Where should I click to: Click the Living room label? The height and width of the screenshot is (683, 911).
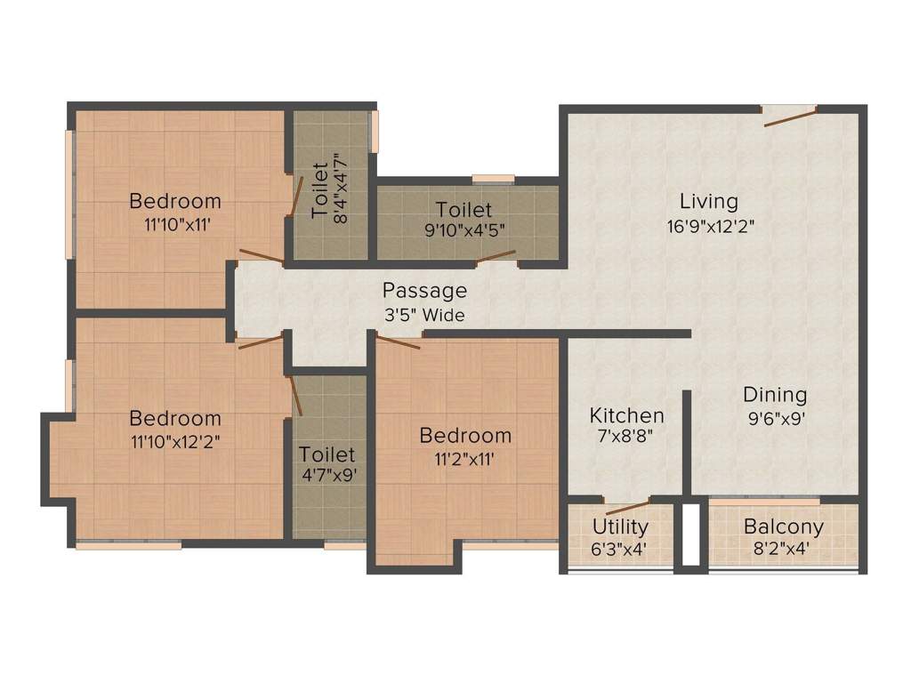coord(708,200)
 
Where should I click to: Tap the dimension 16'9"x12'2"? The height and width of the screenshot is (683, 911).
coord(711,226)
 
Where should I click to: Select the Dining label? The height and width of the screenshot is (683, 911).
coord(775,394)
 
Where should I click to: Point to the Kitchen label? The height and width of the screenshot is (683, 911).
coord(627,415)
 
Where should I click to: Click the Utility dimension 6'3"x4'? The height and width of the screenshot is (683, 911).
coord(619,549)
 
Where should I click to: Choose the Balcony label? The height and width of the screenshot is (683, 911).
coord(783,526)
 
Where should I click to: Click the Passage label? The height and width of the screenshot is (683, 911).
coord(424,290)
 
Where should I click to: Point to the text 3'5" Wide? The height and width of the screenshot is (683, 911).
coord(423,315)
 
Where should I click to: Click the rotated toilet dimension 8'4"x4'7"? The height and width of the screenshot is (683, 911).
coord(338,188)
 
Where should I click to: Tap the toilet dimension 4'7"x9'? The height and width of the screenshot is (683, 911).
coord(328,475)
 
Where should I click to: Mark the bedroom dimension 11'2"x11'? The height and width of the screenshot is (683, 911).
coord(464,459)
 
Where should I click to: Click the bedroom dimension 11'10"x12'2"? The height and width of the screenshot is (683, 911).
coord(174,441)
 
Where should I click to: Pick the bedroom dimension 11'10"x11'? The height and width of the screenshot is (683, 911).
coord(174,224)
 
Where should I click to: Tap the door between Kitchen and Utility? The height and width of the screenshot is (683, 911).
coord(628,508)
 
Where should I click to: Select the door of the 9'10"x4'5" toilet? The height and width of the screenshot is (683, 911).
coord(495,258)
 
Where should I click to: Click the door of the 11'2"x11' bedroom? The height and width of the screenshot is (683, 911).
coord(398,342)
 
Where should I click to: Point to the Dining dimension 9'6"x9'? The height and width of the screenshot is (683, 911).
coord(775,418)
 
